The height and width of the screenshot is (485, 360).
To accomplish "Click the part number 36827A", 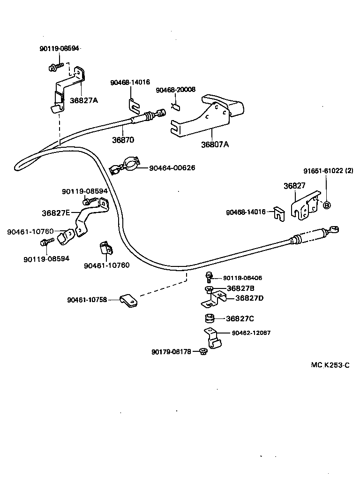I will point(84,100).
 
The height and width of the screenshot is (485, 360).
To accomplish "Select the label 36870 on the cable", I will point(123,140).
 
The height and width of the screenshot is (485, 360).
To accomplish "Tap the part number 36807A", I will point(215,144).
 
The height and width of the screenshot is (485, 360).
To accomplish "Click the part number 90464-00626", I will point(172,167).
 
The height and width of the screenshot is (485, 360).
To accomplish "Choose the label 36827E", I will point(55,212).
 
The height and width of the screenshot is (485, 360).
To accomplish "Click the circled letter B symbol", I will point(327,205).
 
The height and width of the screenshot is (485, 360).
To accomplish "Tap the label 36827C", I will point(240,319).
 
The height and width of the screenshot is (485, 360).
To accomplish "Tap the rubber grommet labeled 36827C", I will point(210,318).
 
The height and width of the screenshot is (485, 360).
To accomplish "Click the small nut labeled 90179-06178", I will point(203,351).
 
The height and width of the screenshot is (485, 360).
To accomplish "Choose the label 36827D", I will point(249,298).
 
